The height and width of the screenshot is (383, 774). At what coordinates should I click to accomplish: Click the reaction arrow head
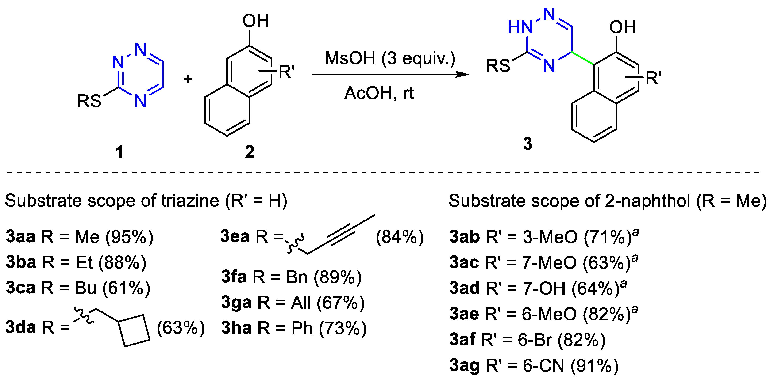[463, 74]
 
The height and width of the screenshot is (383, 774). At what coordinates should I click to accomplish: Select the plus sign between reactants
[188, 79]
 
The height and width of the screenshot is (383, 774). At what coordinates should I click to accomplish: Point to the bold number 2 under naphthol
[250, 152]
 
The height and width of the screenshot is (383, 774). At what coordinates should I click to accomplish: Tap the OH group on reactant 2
[255, 21]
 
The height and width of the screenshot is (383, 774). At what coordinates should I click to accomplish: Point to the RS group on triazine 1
[89, 101]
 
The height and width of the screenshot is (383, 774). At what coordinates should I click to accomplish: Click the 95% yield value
[129, 237]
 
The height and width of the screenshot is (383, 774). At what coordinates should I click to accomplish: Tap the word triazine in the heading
[190, 201]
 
